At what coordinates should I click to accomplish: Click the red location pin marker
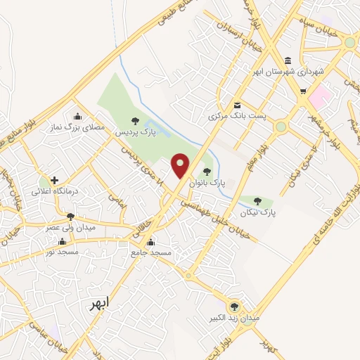181,165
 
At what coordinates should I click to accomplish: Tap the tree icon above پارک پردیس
135,121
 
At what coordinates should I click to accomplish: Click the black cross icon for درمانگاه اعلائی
54,180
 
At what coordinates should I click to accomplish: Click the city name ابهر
100,304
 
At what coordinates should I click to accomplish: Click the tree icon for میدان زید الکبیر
234,307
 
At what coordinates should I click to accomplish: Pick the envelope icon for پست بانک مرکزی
237,104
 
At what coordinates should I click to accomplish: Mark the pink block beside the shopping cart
321,96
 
